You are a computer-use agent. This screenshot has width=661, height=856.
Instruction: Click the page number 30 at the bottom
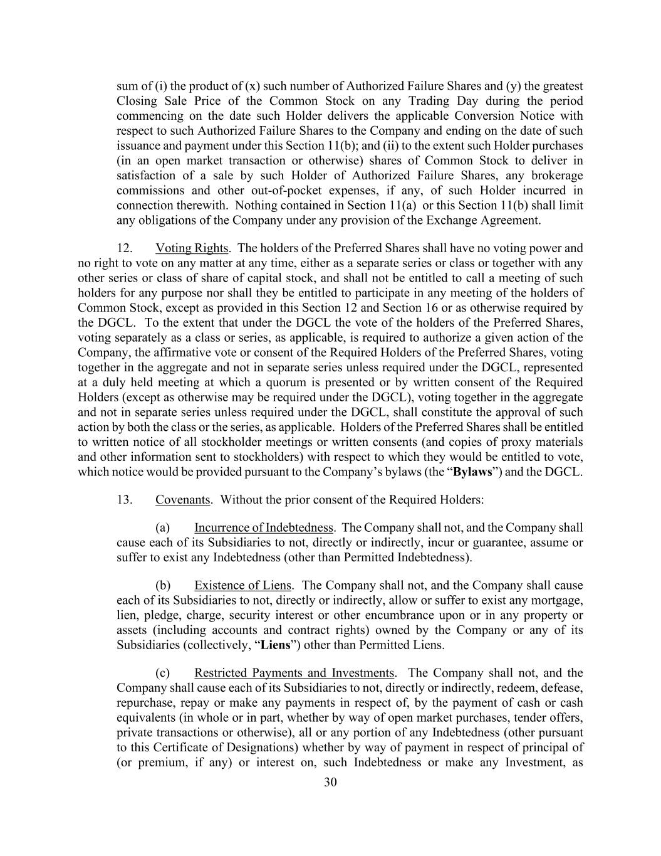[x=330, y=782]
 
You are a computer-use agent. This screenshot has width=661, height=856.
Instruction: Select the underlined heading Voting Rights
[x=192, y=248]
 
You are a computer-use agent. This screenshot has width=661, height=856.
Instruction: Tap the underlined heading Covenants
[x=182, y=500]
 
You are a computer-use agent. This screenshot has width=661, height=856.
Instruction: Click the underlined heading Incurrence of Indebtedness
[x=263, y=527]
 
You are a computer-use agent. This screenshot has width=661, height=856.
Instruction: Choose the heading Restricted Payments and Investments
[x=294, y=673]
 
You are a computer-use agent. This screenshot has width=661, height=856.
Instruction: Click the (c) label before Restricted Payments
[x=163, y=673]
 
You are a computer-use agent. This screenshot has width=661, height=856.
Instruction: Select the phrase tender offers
[x=548, y=717]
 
